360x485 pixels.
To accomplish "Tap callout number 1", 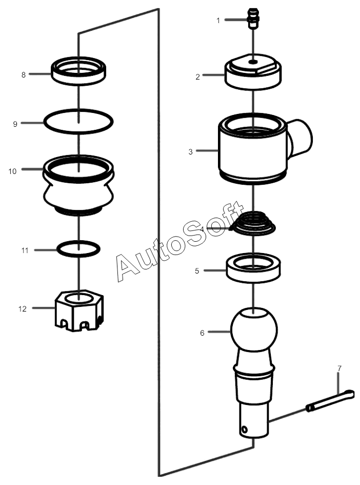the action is click(x=218, y=21).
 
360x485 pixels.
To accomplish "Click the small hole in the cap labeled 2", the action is click(x=253, y=62).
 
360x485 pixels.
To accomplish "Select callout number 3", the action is click(x=190, y=151).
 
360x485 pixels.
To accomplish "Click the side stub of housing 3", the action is click(x=299, y=138).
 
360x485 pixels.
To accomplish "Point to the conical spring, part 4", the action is click(x=252, y=222).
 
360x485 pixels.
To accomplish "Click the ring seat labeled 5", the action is click(x=253, y=267).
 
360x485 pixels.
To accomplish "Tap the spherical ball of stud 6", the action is click(x=254, y=329).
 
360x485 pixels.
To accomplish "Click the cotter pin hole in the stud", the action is click(x=245, y=430).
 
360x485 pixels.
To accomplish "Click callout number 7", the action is click(x=339, y=368).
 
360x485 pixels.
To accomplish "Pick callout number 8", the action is click(x=24, y=75).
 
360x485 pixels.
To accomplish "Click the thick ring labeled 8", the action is click(x=78, y=71).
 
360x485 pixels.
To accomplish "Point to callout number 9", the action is click(x=15, y=124).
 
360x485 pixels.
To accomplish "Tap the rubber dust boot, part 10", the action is click(x=78, y=185).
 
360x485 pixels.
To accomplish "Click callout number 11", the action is click(x=25, y=250).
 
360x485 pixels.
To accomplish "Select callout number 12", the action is click(x=23, y=308).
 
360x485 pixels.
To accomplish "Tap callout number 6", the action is click(x=202, y=333).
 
